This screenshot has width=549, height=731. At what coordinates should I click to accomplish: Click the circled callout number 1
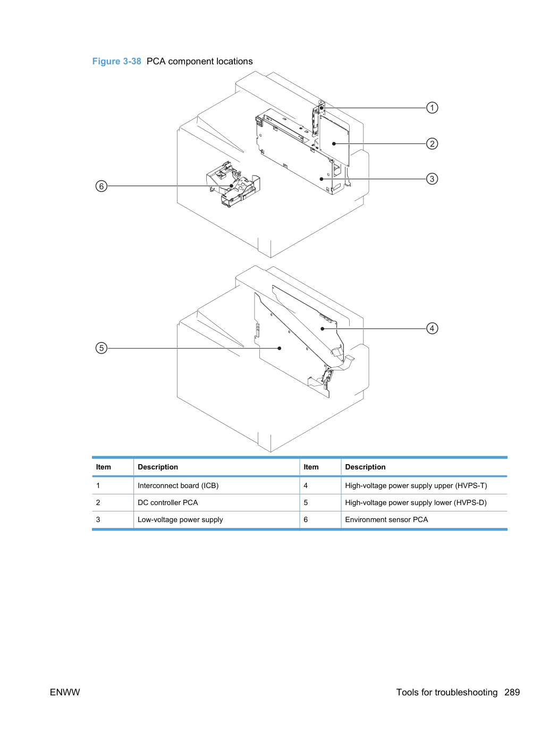point(432,107)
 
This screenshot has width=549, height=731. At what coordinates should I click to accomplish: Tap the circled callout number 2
point(432,144)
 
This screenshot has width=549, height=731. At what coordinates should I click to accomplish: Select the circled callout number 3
point(432,179)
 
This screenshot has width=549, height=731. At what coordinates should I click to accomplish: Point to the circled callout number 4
point(432,329)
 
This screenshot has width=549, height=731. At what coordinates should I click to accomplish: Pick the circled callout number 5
point(102,348)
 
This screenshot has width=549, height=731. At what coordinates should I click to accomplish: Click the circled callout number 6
point(102,186)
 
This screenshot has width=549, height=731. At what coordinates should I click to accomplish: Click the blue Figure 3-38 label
point(116,61)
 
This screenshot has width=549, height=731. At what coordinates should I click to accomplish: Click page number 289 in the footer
point(512,692)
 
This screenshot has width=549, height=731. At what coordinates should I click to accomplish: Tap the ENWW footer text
point(65,692)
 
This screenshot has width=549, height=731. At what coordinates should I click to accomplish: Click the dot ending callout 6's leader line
point(231,186)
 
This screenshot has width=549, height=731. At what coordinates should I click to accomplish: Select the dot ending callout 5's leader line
point(280,348)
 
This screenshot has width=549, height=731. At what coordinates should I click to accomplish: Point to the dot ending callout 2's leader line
point(334,144)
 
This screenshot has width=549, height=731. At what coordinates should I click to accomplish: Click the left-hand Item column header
point(103,467)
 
